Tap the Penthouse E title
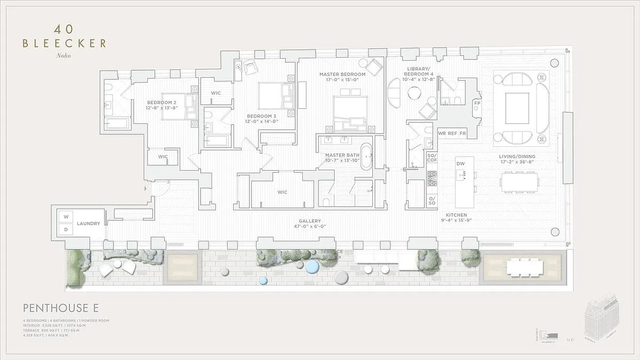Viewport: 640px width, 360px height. tap(61, 308)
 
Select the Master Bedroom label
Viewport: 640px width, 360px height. tap(342, 77)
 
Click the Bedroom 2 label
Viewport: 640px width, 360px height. tap(161, 105)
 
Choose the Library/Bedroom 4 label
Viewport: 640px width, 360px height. tap(418, 71)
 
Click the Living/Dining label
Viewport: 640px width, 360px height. tap(517, 159)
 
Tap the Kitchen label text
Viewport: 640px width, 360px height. tap(456, 218)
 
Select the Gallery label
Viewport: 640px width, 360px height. tap(310, 224)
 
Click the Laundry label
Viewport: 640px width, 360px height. tap(88, 223)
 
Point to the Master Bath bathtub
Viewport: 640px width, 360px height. tap(366, 156)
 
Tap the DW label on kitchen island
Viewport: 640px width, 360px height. tap(460, 164)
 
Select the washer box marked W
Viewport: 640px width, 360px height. tap(66, 217)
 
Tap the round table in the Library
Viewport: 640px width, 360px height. tap(414, 93)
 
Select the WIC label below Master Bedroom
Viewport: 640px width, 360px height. tap(282, 192)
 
